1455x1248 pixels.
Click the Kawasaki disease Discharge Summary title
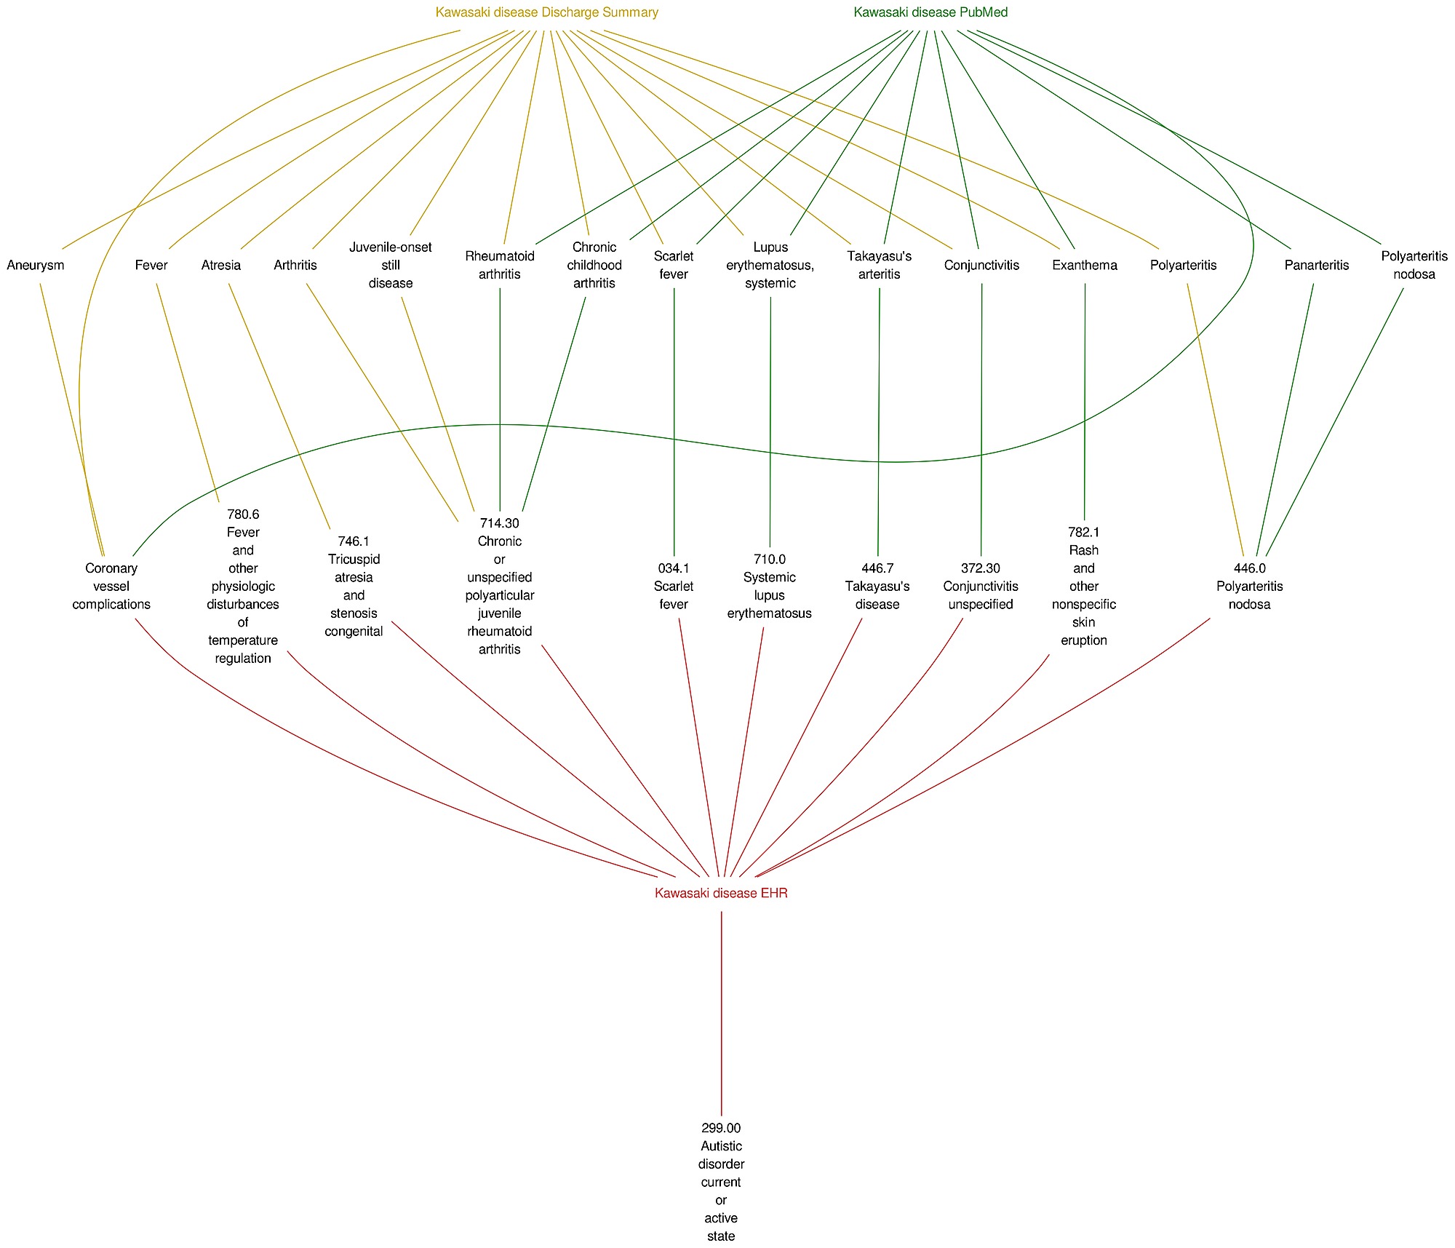click(546, 12)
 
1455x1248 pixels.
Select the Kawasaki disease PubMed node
click(930, 12)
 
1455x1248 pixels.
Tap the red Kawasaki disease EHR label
click(721, 893)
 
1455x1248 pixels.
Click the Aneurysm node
click(36, 265)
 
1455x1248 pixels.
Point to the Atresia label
click(220, 265)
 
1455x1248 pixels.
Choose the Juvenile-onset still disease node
click(391, 265)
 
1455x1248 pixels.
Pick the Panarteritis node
click(1316, 265)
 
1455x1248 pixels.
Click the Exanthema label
click(1084, 265)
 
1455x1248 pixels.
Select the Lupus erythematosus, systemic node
click(770, 265)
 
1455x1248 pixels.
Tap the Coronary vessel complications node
click(111, 586)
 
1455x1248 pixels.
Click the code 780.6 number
click(243, 514)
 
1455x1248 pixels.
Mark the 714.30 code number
click(499, 523)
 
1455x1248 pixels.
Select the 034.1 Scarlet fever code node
click(673, 586)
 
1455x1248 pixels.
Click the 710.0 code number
click(769, 559)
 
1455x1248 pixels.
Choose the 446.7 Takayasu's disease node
click(877, 586)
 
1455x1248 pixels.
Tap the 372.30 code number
click(980, 568)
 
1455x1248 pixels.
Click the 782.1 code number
click(1083, 533)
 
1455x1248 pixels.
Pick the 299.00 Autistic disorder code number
click(721, 1128)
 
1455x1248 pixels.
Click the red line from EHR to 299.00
click(721, 1011)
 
